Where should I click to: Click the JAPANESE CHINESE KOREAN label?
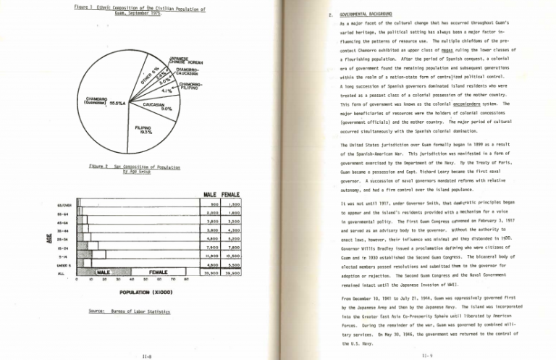pyautogui.click(x=184, y=59)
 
